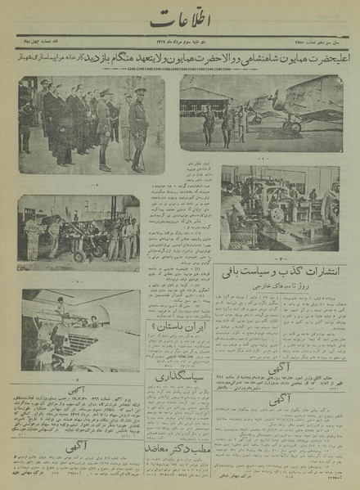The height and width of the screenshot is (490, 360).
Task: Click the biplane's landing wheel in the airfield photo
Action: (291, 128)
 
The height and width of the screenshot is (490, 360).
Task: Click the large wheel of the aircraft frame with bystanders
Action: (79, 254)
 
